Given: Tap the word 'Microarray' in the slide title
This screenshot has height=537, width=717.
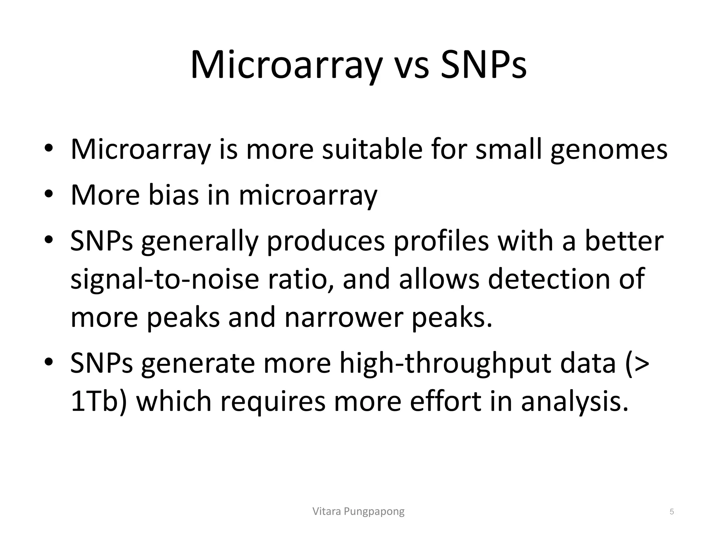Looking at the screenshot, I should coord(285,66).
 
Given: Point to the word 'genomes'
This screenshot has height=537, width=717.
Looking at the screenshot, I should coord(609,150).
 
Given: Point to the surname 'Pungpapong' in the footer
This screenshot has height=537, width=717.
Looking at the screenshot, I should coord(374,512).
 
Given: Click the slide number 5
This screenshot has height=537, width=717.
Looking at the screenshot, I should coord(671,512).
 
